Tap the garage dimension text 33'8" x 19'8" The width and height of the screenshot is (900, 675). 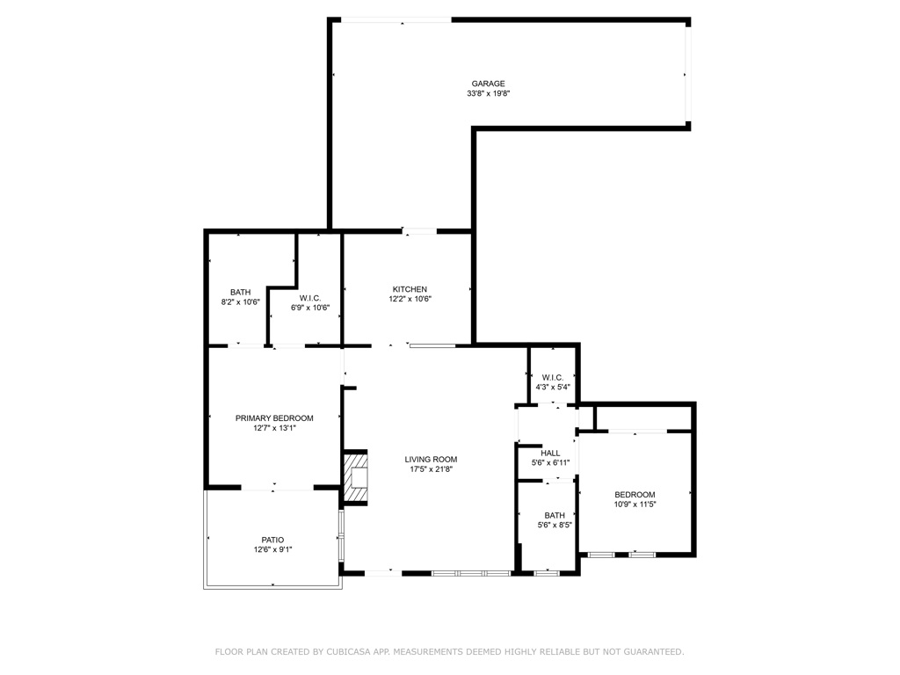tap(489, 93)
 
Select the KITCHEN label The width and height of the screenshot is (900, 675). tap(410, 289)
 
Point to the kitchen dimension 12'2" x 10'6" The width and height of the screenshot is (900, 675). tap(410, 299)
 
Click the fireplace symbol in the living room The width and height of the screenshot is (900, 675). tap(356, 478)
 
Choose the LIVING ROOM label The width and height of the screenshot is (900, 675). tap(431, 459)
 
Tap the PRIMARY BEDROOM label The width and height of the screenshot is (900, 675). tap(274, 418)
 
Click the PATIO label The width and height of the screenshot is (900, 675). tap(272, 540)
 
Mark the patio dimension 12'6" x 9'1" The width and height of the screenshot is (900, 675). tap(272, 549)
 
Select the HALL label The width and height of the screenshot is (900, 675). tap(551, 454)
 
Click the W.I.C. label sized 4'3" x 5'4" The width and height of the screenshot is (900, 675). tap(553, 377)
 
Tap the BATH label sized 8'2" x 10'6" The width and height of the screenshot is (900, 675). tap(241, 292)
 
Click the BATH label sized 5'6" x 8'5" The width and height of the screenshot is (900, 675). tap(555, 515)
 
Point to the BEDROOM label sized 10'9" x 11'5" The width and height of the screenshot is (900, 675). tap(635, 495)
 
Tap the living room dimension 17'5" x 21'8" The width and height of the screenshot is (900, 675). tap(431, 468)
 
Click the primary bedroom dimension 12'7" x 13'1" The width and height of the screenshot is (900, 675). tap(274, 428)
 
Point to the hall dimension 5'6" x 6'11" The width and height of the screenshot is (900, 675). tap(551, 463)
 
